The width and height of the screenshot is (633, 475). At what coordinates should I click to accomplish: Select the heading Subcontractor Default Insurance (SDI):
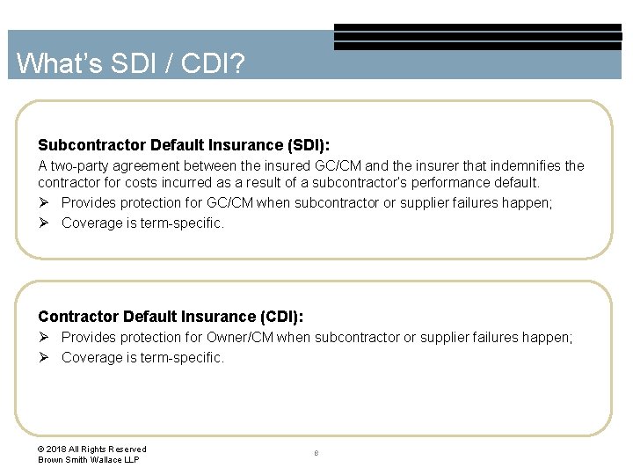pos(184,144)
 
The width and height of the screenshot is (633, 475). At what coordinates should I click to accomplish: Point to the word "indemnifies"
pos(522,165)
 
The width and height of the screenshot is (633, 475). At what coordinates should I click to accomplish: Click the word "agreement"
pos(143,165)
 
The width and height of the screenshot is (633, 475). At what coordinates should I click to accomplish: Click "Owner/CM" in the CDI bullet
pos(240,338)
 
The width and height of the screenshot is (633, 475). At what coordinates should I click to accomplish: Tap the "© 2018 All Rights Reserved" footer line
pos(92,449)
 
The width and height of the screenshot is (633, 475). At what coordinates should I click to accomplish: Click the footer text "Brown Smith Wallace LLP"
pos(88,460)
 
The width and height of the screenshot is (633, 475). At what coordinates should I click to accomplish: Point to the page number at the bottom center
pos(316,454)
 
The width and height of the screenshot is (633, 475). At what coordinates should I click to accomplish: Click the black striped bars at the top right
pos(477,37)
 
